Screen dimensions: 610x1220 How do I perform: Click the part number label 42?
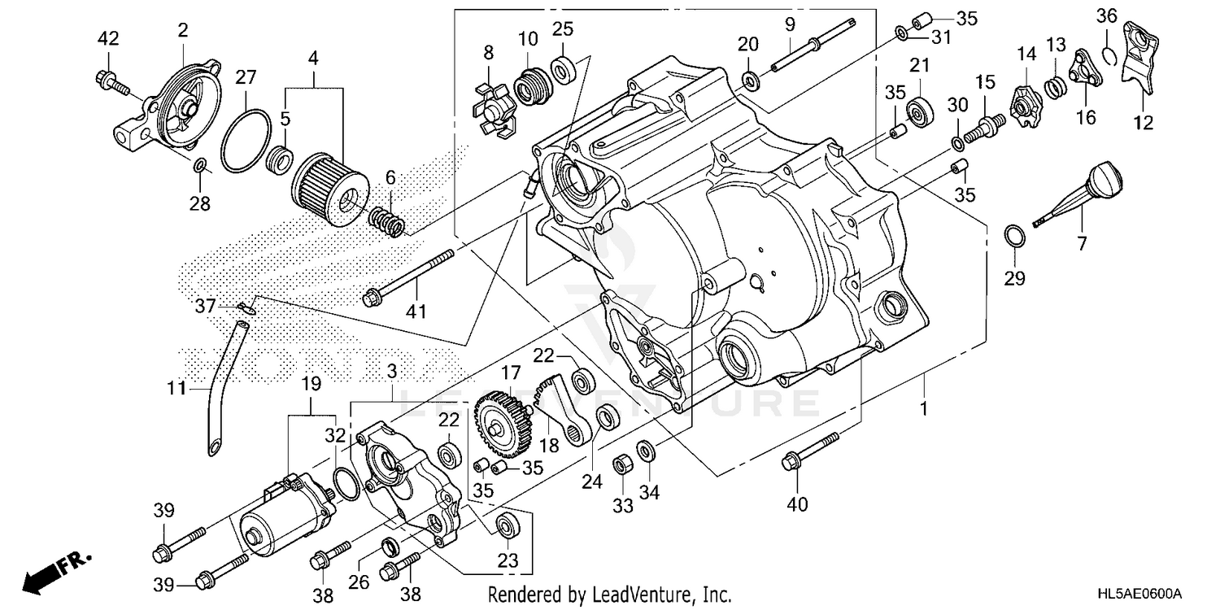coord(107,38)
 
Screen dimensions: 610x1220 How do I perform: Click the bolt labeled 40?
coord(809,451)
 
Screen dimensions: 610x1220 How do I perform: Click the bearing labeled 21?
coord(920,111)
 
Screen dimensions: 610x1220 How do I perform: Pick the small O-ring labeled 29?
coord(1013,236)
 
